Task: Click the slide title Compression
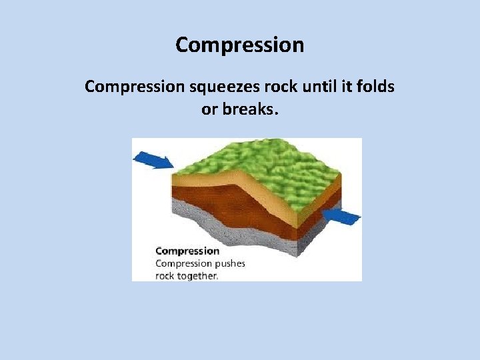coord(240,45)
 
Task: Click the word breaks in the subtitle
coord(249,109)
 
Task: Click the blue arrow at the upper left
coord(153,160)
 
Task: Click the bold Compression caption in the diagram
coord(187,251)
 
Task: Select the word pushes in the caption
coord(229,263)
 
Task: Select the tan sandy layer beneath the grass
coord(200,179)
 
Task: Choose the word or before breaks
coord(209,109)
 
